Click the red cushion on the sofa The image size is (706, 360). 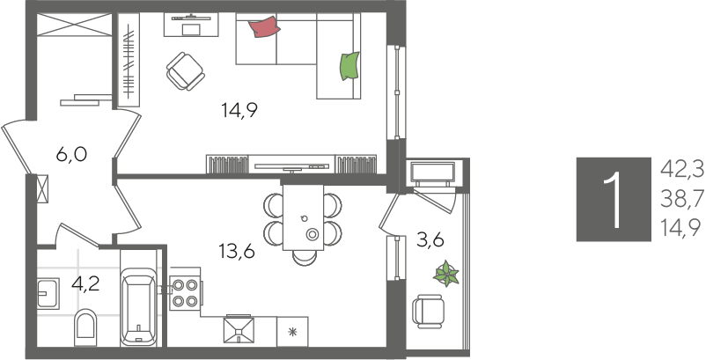click(265, 27)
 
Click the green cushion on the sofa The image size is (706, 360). click(349, 66)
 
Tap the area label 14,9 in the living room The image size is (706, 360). click(239, 110)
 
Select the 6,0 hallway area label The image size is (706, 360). click(71, 155)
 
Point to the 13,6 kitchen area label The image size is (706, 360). click(237, 252)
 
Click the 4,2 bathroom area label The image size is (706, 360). click(85, 284)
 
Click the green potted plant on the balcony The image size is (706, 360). click(446, 273)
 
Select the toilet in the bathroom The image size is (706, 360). click(85, 327)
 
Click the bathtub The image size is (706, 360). click(139, 306)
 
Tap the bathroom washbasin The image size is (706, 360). click(48, 293)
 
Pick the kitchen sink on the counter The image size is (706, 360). click(239, 331)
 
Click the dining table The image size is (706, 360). click(303, 217)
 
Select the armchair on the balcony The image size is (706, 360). click(428, 312)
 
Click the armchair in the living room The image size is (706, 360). click(185, 71)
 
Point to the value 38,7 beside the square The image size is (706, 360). click(681, 199)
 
